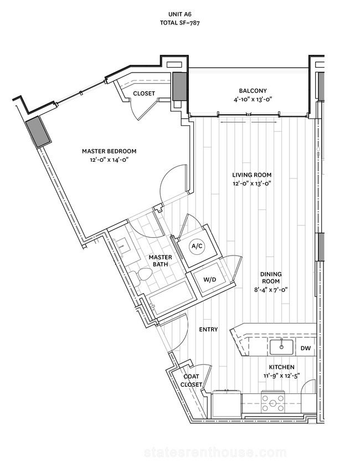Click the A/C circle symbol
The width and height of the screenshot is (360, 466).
(197, 246)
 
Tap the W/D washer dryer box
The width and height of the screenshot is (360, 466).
(210, 280)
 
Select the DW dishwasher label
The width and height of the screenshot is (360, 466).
(305, 348)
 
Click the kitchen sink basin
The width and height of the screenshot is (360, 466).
(281, 347)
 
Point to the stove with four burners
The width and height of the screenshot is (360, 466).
(272, 403)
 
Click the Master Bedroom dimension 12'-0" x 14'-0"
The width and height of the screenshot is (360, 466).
(109, 160)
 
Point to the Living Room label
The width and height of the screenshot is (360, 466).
(252, 175)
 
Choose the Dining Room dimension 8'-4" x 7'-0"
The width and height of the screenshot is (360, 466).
(271, 289)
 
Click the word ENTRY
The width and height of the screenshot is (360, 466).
(208, 329)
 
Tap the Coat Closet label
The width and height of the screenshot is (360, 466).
(191, 381)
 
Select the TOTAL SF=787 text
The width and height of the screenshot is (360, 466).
(179, 23)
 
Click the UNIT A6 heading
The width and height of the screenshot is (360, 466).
(179, 14)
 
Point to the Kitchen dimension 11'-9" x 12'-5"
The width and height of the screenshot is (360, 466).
(281, 376)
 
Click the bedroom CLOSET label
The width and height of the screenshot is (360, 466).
(144, 93)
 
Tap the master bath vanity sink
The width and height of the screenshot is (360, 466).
(122, 247)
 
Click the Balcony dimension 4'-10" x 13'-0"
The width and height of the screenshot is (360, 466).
(253, 100)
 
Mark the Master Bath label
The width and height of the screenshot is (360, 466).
(161, 260)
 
